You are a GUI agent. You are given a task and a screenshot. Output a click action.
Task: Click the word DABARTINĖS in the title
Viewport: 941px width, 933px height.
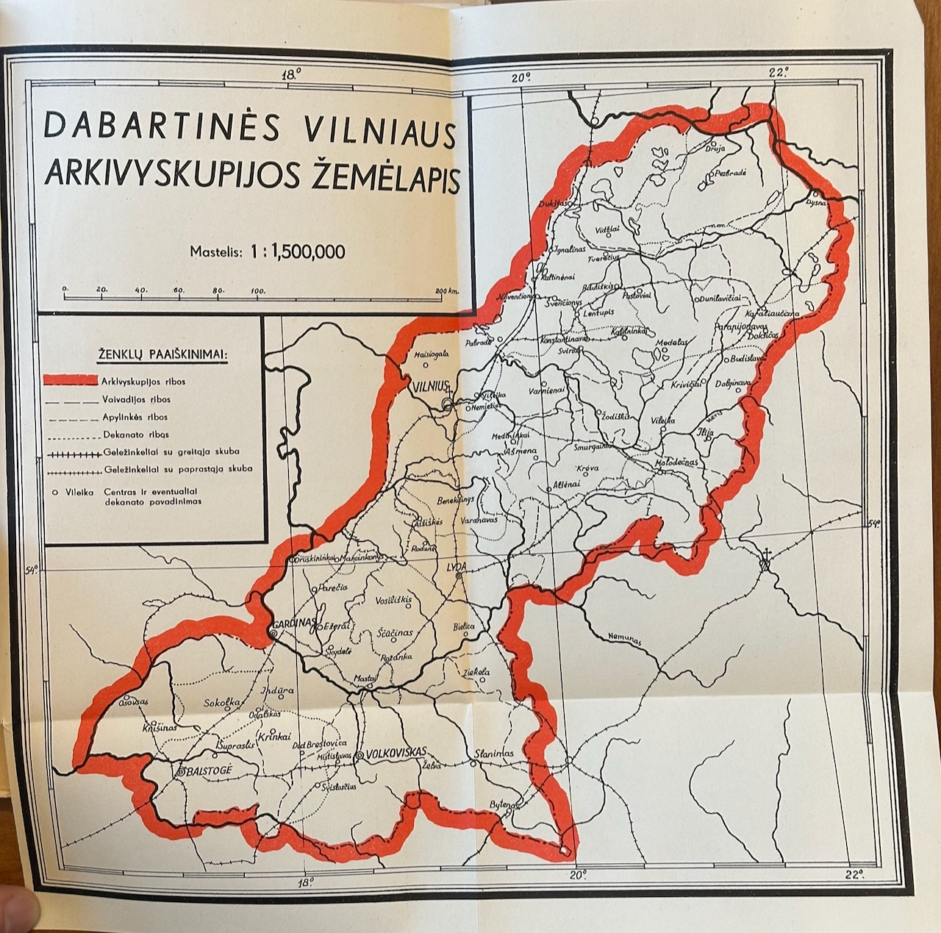(x=162, y=126)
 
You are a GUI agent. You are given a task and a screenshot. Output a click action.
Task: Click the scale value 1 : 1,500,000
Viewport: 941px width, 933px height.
(x=297, y=251)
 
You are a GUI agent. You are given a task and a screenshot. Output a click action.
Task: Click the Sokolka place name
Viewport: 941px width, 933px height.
(x=223, y=702)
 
